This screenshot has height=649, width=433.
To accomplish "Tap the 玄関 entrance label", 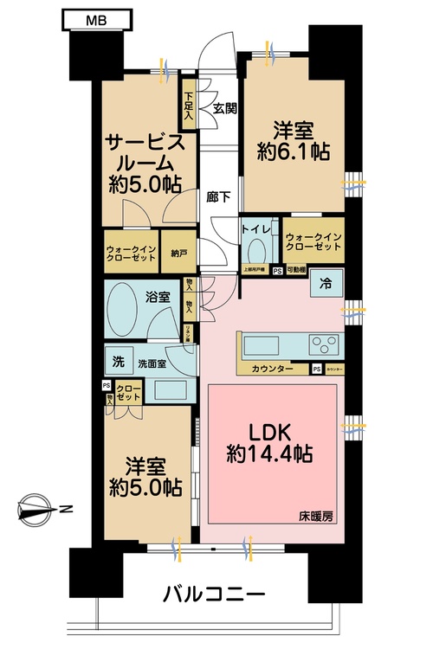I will (225, 108).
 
